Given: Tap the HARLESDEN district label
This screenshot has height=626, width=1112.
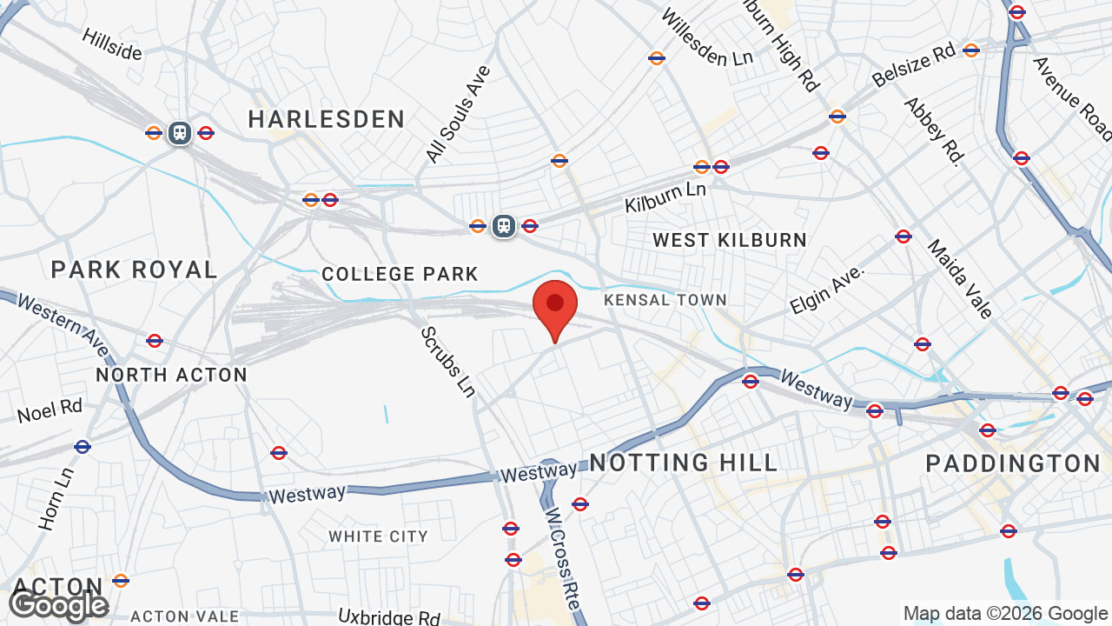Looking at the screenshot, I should click(x=327, y=119).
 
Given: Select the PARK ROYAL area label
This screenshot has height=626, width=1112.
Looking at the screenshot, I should click(x=135, y=270).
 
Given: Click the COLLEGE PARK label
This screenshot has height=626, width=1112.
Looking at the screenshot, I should click(x=400, y=275).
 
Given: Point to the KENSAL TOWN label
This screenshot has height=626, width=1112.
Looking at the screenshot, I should click(x=665, y=300).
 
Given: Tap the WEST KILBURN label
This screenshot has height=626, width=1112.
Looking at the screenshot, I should click(x=730, y=240).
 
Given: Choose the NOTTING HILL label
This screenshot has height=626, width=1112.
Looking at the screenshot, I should click(x=684, y=463).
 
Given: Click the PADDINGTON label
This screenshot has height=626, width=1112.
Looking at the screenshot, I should click(x=1013, y=463).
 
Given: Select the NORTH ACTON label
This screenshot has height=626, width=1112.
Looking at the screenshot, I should click(x=172, y=375).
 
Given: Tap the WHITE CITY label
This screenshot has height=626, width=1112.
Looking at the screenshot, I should click(x=378, y=536).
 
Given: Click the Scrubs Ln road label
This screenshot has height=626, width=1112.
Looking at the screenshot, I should click(x=447, y=362).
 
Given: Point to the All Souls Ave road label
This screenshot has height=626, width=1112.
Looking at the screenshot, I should click(x=459, y=114).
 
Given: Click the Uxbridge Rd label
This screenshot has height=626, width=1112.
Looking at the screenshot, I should click(x=390, y=617).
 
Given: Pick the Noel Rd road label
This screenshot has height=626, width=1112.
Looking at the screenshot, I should click(x=50, y=410).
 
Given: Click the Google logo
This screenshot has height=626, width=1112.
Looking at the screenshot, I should click(x=58, y=605).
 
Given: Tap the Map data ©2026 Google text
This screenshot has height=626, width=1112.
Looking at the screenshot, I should click(x=1005, y=614).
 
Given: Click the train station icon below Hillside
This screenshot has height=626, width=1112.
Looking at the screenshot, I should click(x=180, y=133).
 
